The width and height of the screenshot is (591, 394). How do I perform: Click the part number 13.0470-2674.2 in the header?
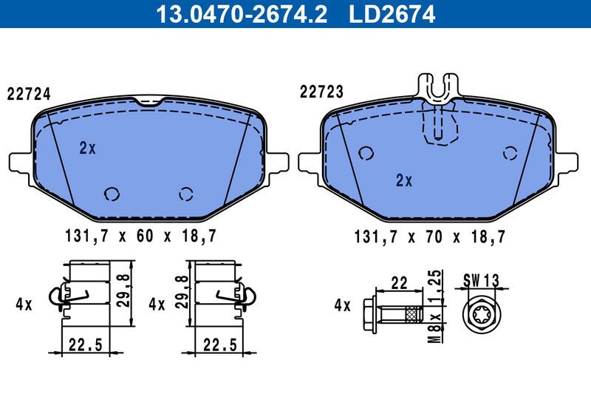(240, 13)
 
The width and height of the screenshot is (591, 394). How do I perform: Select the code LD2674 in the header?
(396, 13)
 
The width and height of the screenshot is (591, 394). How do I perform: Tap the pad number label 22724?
(28, 94)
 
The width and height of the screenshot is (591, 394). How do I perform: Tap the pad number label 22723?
(321, 92)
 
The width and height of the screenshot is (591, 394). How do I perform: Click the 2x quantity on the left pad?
(87, 148)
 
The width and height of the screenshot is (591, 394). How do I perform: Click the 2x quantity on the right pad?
(403, 180)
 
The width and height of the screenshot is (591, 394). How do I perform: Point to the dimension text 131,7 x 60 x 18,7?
(140, 237)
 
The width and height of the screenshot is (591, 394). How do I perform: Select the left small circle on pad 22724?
(112, 194)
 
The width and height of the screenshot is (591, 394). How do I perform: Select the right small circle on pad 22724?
(186, 194)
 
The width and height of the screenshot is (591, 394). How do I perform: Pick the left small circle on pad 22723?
(365, 153)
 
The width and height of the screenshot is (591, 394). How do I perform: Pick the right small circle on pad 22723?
(509, 153)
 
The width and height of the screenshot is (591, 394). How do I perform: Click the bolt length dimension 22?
(400, 282)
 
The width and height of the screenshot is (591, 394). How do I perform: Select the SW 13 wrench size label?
(482, 280)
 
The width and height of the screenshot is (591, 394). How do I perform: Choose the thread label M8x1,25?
(436, 302)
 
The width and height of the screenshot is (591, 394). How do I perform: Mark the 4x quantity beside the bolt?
(342, 304)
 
